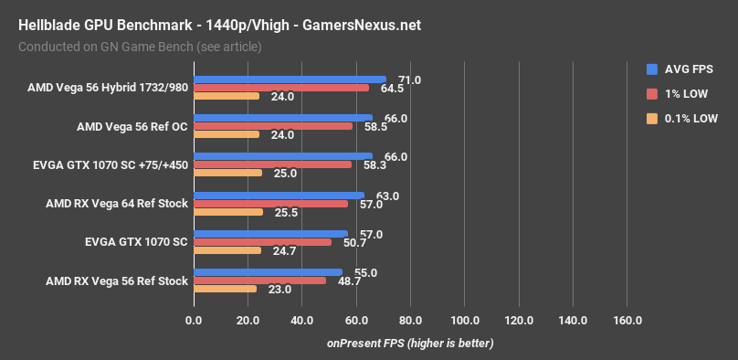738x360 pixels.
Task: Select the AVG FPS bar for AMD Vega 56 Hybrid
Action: click(x=290, y=79)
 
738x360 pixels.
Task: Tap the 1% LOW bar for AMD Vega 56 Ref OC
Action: click(x=272, y=126)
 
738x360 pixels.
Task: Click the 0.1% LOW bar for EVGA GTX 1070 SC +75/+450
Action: click(x=227, y=173)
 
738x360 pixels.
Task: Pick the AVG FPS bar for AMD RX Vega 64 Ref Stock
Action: click(x=279, y=195)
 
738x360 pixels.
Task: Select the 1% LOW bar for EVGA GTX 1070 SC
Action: click(x=262, y=242)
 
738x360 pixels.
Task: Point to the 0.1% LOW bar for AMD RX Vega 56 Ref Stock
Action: click(x=225, y=289)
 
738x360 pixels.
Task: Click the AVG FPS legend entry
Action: click(x=683, y=69)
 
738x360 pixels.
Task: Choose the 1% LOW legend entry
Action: click(x=682, y=93)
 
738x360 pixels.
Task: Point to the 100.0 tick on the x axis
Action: click(x=465, y=321)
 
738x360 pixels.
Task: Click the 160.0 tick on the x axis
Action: click(x=627, y=321)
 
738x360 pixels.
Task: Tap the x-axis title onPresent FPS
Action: click(x=410, y=344)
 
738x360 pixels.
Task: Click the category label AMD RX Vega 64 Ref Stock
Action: click(x=116, y=204)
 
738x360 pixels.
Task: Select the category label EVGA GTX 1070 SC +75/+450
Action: click(x=110, y=165)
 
